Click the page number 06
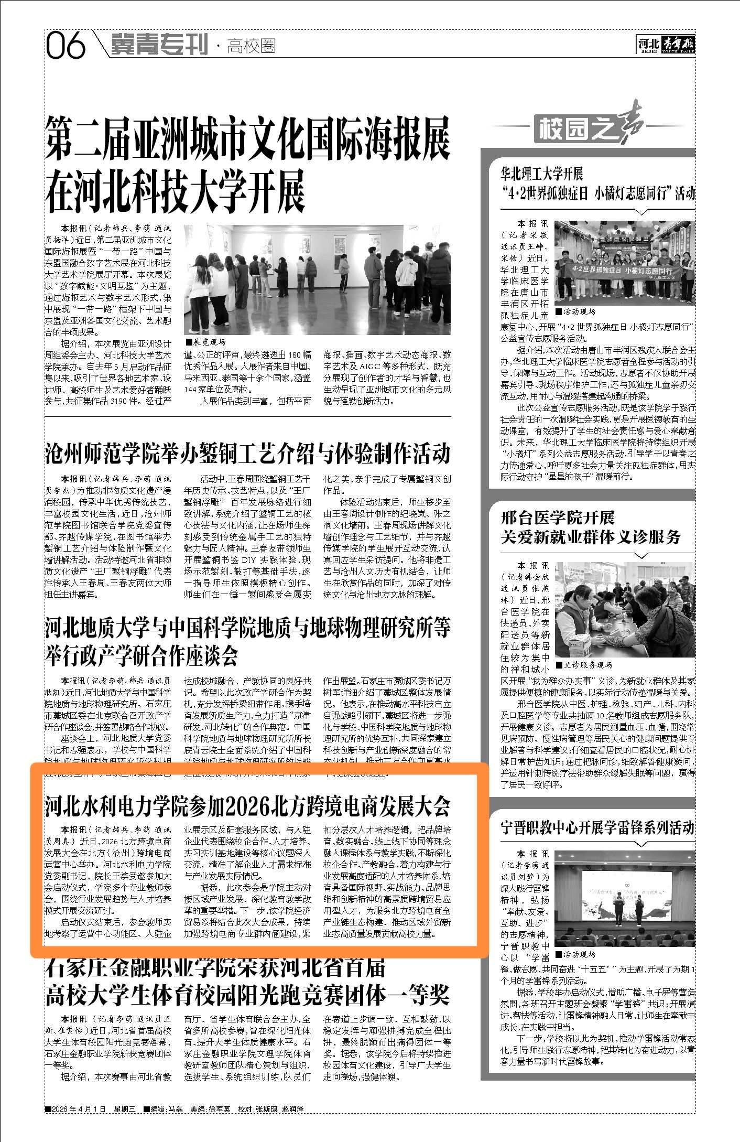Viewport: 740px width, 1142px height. (66, 46)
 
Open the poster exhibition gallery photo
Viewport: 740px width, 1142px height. (317, 279)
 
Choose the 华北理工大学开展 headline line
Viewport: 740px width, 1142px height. (542, 174)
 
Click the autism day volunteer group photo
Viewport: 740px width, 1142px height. (625, 262)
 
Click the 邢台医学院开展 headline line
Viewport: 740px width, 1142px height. (558, 518)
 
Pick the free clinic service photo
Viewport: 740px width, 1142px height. (625, 610)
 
